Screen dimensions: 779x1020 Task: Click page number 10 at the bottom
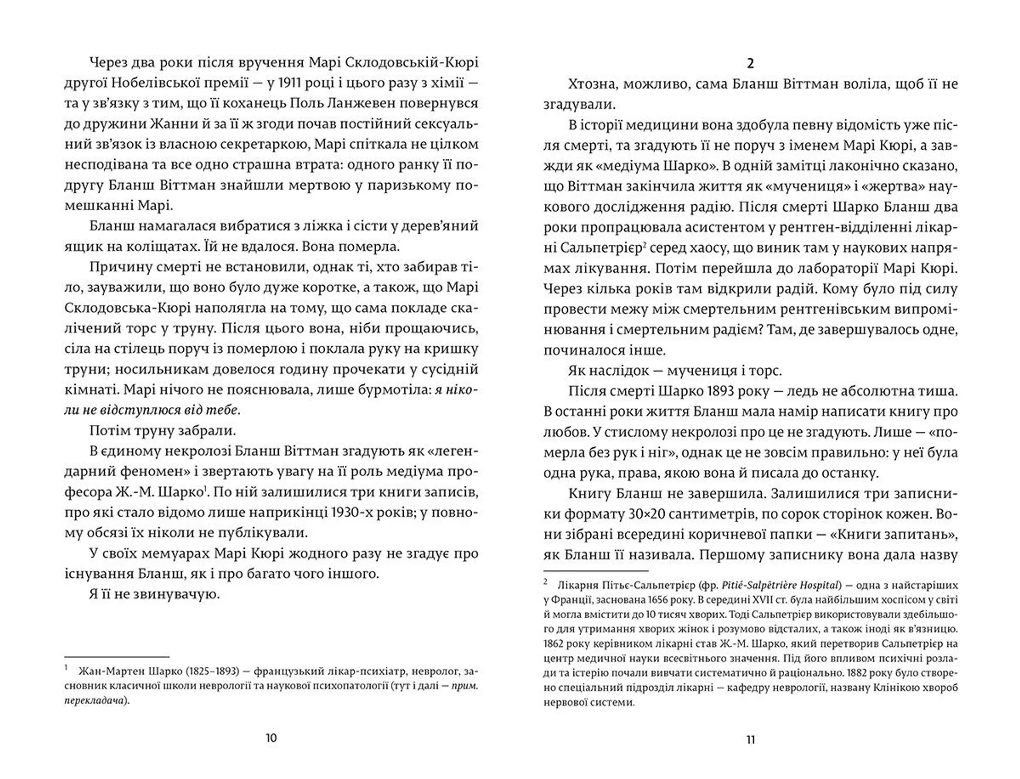click(x=271, y=738)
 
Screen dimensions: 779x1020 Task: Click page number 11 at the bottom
click(x=750, y=740)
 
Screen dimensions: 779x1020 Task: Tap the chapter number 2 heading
click(x=750, y=64)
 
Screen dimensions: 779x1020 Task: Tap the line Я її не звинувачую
click(x=155, y=594)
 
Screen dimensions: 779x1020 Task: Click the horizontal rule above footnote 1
click(x=116, y=657)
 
